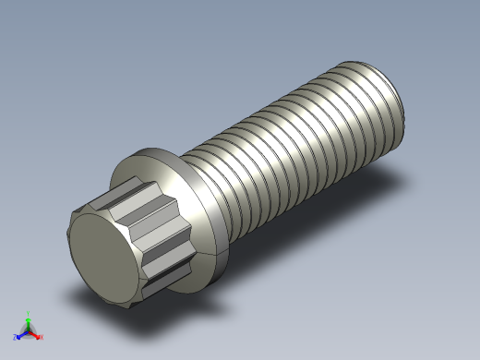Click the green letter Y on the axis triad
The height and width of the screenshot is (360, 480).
pyautogui.click(x=29, y=313)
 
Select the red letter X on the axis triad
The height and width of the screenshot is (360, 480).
pyautogui.click(x=41, y=337)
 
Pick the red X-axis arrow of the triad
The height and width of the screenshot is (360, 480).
pyautogui.click(x=35, y=332)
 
